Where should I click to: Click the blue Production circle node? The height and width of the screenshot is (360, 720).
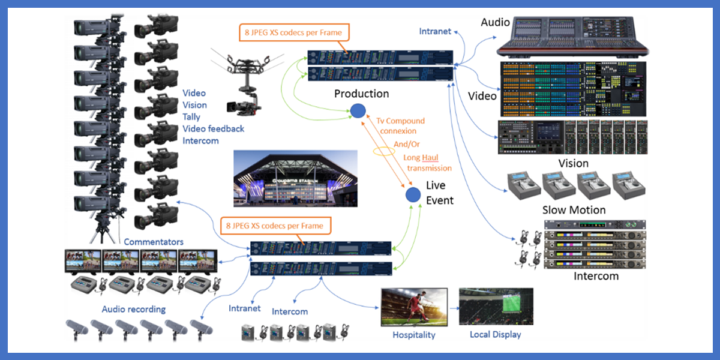358,110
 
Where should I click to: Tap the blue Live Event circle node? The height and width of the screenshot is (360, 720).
412,194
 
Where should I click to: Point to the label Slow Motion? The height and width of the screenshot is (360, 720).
574,210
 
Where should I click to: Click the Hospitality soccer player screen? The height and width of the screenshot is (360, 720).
414,307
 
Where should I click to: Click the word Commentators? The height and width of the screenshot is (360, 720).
154,242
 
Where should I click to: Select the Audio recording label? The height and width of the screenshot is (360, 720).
133,309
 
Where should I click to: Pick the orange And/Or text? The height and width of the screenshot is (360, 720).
407,144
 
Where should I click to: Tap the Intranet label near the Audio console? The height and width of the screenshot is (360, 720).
435,31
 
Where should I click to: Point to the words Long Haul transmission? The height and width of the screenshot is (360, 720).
429,163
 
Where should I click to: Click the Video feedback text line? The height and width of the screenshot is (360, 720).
213,129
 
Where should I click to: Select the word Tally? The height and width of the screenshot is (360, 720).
191,117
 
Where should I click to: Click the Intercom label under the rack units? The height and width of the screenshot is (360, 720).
596,277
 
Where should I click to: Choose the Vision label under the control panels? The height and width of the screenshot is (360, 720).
573,163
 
